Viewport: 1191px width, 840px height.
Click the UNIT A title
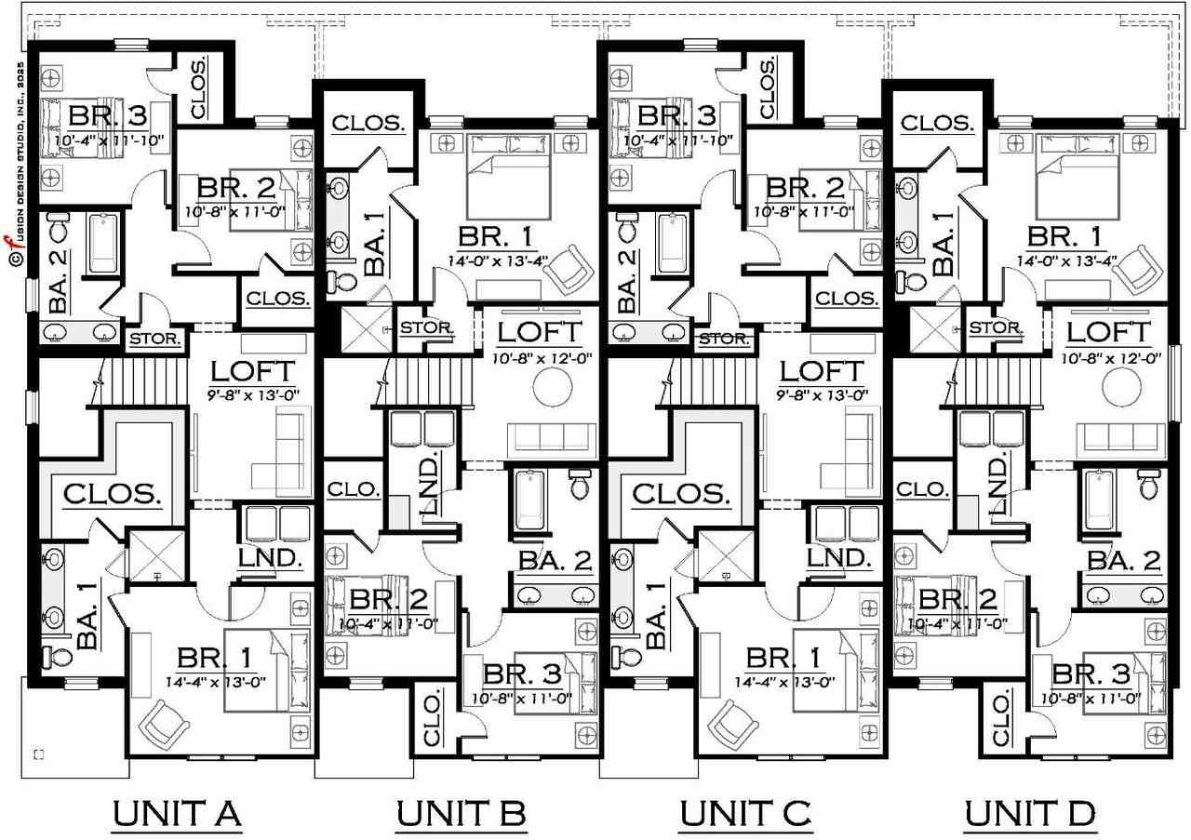coord(177,814)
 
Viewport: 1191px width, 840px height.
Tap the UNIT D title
coord(1030,814)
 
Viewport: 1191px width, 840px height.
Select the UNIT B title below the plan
coord(461,814)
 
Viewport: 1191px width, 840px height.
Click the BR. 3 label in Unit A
coord(108,115)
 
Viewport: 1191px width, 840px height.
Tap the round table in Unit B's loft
coord(553,386)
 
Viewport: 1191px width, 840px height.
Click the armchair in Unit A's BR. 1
coord(163,725)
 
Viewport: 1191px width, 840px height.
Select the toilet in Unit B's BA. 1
coord(341,281)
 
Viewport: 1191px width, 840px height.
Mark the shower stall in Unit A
coord(157,555)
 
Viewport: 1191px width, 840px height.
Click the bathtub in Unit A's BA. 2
coord(103,244)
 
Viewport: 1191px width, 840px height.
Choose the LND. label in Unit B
coord(429,483)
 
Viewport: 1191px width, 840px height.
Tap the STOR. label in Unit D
coord(996,328)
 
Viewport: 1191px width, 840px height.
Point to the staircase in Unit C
coord(715,381)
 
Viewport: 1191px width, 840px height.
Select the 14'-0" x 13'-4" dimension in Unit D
coord(1066,261)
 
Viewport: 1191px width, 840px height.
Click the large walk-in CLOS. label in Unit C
coord(682,494)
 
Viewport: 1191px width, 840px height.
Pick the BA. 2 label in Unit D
coord(1124,561)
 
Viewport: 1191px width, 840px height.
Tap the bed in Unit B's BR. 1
coord(508,177)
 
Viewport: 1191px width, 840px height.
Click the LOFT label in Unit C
coord(822,371)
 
